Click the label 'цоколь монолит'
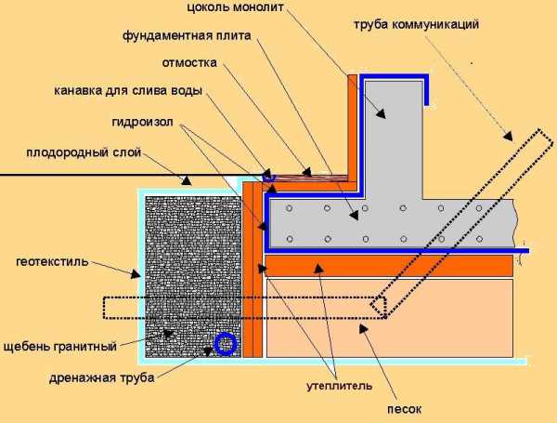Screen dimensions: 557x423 [236, 7]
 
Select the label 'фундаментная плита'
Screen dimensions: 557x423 [187, 36]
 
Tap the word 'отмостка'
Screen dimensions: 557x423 [189, 62]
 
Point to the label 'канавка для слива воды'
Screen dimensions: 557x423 [128, 91]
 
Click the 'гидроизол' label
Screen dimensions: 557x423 [142, 122]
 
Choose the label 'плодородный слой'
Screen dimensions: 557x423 [84, 152]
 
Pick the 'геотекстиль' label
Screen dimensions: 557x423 [52, 262]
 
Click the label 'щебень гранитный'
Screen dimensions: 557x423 [60, 346]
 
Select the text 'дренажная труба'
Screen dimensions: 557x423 [101, 377]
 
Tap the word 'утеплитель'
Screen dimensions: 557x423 [339, 386]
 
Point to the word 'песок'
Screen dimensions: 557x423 [404, 409]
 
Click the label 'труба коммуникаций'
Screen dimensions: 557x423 [416, 24]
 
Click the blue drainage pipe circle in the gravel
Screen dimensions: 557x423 [226, 344]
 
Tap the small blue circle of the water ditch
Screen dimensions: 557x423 [268, 176]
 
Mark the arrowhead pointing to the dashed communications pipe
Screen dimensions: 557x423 [509, 137]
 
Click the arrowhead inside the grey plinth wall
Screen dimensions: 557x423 [381, 113]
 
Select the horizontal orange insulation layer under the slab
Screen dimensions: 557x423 [389, 265]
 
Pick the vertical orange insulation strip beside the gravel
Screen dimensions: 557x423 [253, 270]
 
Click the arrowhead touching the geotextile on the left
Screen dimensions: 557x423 [135, 274]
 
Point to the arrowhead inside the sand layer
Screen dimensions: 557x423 [363, 329]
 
